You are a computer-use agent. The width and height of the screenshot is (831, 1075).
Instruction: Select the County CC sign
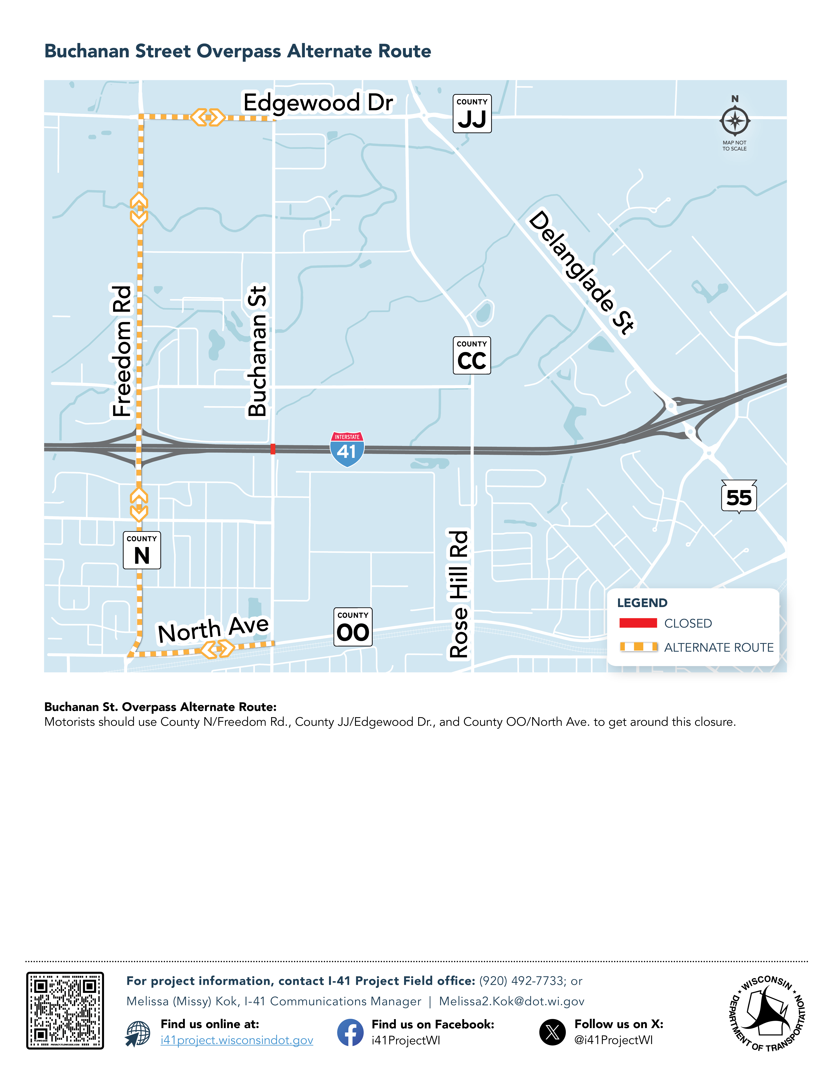click(x=472, y=355)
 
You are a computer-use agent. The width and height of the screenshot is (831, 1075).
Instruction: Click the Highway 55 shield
click(x=738, y=497)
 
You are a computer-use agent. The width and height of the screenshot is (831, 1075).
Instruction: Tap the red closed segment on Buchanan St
click(x=273, y=448)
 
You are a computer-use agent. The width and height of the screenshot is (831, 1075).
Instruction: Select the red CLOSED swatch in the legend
click(x=638, y=623)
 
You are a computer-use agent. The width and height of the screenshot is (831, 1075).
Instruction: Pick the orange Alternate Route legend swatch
click(x=638, y=647)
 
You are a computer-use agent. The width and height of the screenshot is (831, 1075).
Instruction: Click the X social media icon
click(x=552, y=1032)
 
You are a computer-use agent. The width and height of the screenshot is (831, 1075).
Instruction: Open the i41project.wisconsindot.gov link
click(x=237, y=1040)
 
